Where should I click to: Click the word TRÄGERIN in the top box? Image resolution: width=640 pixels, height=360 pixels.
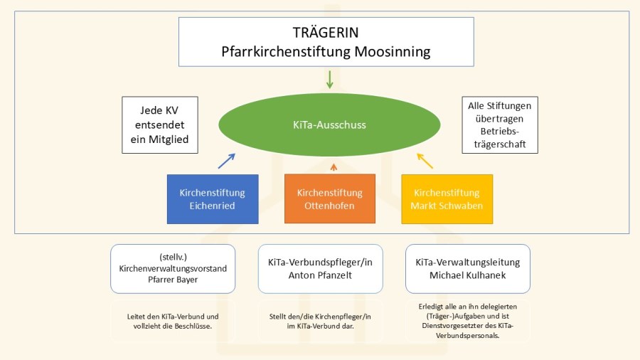point(326,33)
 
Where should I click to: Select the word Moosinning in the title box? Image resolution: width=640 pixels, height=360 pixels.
point(395,52)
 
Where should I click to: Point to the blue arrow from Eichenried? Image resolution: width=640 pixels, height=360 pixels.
point(226,161)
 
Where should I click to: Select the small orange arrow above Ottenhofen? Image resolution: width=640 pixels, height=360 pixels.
point(333,166)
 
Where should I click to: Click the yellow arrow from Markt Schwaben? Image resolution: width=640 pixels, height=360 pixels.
point(425,161)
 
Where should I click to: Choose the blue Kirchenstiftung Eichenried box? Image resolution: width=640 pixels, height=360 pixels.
point(213,199)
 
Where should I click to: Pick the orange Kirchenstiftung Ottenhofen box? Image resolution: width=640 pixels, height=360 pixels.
point(329,199)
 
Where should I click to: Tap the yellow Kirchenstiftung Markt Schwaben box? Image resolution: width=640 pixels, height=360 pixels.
point(447,199)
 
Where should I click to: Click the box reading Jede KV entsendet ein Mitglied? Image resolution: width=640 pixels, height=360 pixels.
point(160,125)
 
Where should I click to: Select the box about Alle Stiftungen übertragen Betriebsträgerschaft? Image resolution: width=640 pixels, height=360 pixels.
point(499,125)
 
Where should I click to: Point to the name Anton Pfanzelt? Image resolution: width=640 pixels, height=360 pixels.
point(320,275)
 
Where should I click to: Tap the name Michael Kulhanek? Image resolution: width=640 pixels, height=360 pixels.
point(467,275)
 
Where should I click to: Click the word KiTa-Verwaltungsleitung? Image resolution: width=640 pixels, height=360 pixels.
point(467,262)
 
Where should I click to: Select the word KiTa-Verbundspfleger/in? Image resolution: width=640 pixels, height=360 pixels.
point(320,262)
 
